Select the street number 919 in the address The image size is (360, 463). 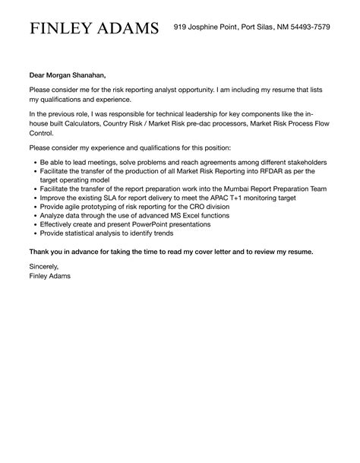tap(181, 27)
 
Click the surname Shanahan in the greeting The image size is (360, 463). tap(85, 75)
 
